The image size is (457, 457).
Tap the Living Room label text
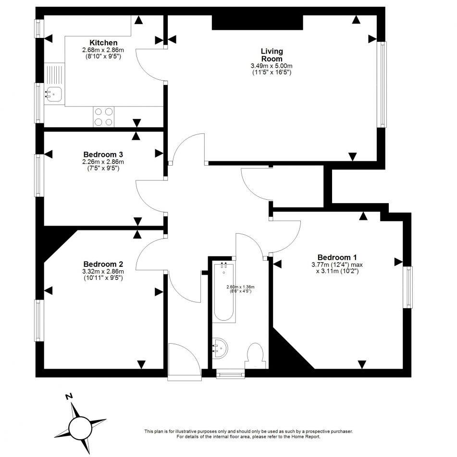[x=272, y=55]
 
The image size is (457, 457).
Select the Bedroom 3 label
[x=103, y=155]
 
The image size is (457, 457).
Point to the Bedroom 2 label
[x=103, y=264]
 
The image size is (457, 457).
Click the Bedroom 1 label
[x=337, y=257]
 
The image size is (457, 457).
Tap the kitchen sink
[x=54, y=94]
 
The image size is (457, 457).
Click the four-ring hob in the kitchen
[x=104, y=116]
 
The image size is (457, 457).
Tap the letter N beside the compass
[x=69, y=397]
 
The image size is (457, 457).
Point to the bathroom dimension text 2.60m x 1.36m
[x=239, y=289]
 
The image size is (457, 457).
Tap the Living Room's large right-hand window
[x=382, y=84]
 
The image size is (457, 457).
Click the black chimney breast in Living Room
[x=257, y=22]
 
